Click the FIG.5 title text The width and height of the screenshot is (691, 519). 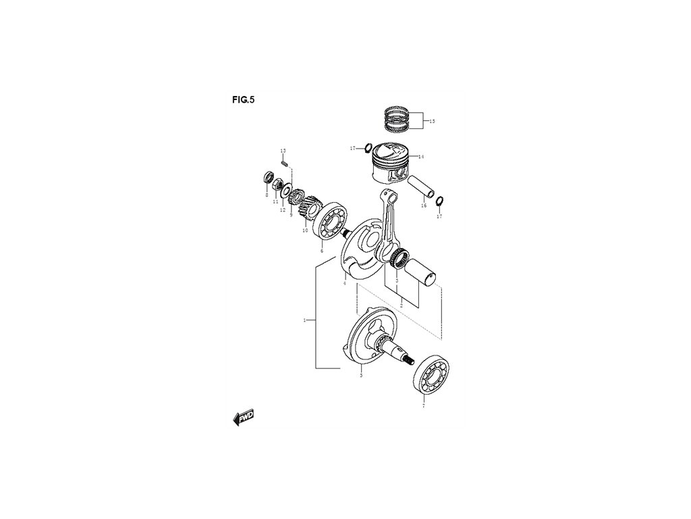pyautogui.click(x=243, y=99)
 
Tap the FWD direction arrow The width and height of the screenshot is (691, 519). pyautogui.click(x=244, y=419)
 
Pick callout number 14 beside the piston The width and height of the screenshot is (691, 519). pyautogui.click(x=420, y=157)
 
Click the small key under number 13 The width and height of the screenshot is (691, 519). pyautogui.click(x=284, y=162)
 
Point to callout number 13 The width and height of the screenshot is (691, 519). pyautogui.click(x=283, y=149)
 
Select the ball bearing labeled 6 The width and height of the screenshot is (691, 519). pyautogui.click(x=331, y=224)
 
